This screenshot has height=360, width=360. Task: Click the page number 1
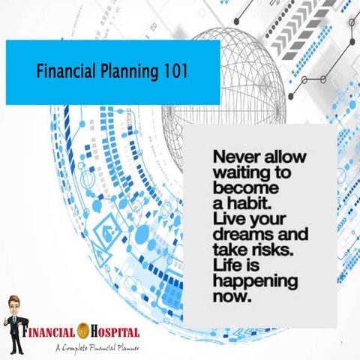click(341, 343)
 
